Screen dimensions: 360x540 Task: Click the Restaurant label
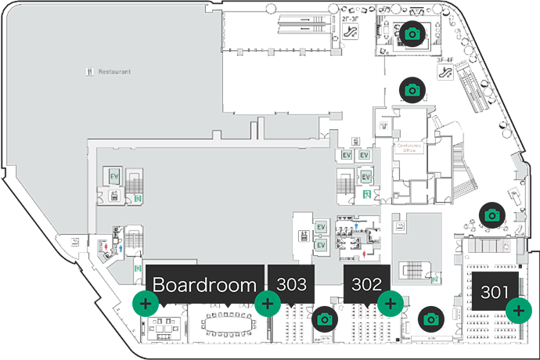click(113, 71)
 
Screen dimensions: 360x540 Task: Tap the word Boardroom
click(205, 285)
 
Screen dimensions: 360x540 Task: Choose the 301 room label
click(495, 291)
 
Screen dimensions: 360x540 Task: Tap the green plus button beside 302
click(390, 303)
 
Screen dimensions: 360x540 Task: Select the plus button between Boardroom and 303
click(268, 303)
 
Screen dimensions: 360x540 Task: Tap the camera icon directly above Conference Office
click(412, 89)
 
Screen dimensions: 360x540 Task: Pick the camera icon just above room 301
click(491, 214)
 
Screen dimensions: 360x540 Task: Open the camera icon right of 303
click(324, 319)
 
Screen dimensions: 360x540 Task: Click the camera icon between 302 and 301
click(430, 319)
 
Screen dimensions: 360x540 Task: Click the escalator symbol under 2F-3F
click(351, 33)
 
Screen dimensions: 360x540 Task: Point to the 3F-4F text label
click(445, 59)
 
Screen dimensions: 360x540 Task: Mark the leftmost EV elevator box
click(113, 175)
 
